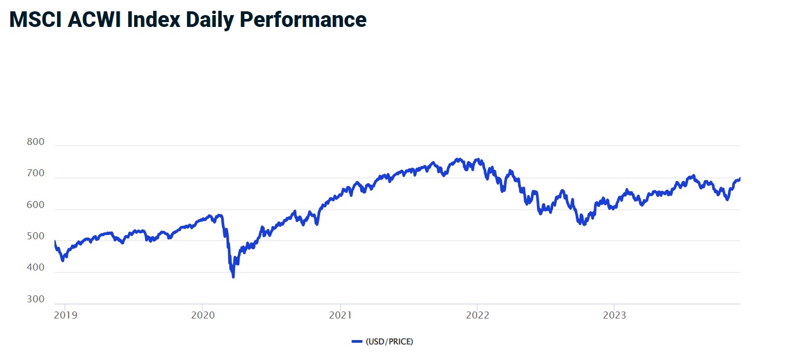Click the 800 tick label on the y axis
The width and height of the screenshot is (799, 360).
(x=35, y=142)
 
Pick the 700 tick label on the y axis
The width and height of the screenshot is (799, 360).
(x=35, y=174)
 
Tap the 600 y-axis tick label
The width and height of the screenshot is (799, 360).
(x=35, y=205)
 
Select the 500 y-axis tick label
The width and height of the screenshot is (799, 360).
(x=35, y=237)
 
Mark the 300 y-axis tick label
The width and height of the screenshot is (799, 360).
(x=35, y=299)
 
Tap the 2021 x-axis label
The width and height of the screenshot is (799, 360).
(x=340, y=315)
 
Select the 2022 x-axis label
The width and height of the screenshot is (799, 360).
(x=477, y=315)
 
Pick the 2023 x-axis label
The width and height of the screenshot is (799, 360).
(x=615, y=315)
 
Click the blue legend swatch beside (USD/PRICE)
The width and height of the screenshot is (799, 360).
(x=357, y=341)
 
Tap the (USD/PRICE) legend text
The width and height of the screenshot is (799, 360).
(x=389, y=341)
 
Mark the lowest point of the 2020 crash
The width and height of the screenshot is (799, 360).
(x=233, y=277)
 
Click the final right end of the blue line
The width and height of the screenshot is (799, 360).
(x=740, y=178)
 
